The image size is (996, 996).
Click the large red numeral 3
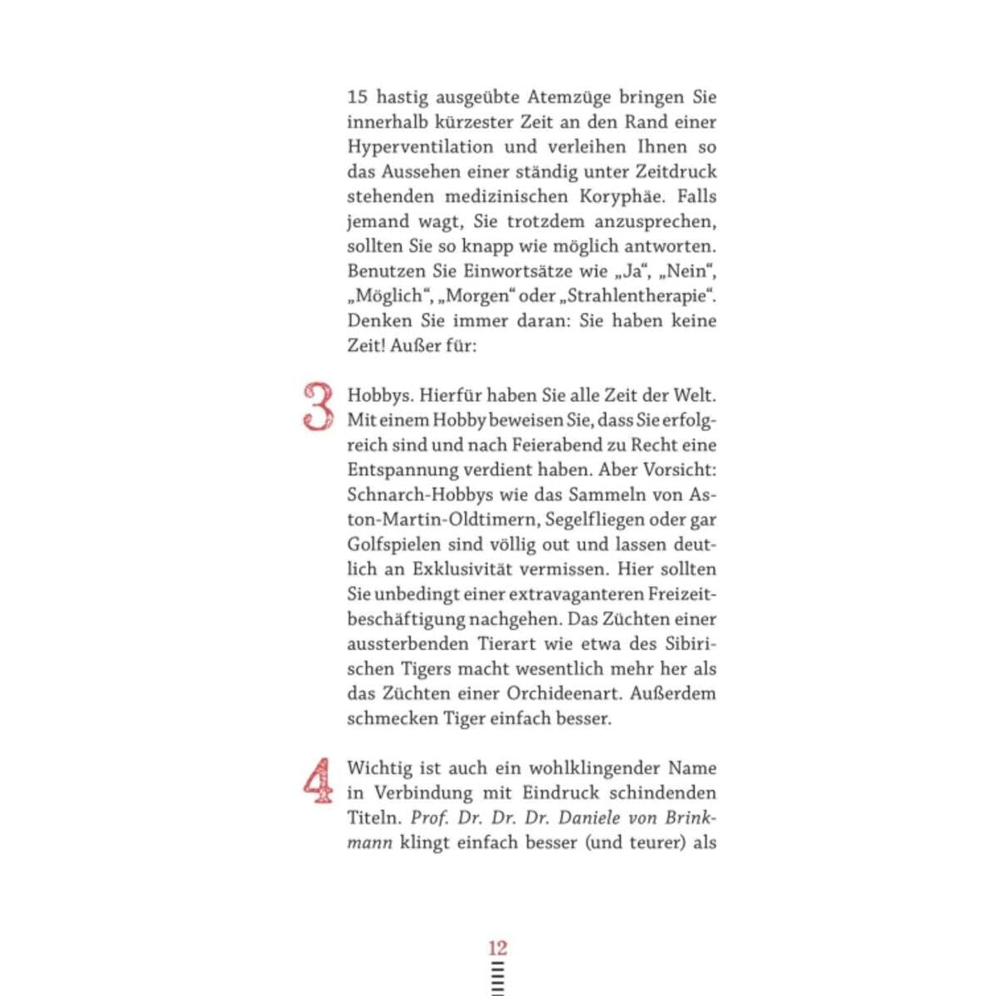tap(318, 407)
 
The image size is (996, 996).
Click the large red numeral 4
tap(318, 781)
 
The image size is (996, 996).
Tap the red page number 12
tap(497, 948)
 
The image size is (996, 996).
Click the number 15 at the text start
tap(357, 97)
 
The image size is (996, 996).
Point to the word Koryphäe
tap(629, 197)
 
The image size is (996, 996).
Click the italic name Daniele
tap(588, 818)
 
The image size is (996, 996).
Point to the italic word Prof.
tap(430, 818)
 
